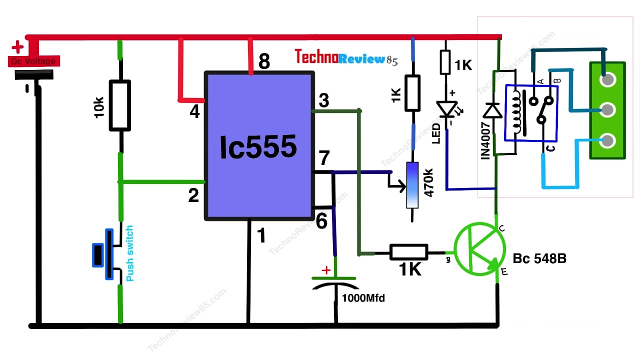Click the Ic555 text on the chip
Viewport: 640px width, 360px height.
tap(258, 147)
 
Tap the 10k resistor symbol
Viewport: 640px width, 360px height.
tap(120, 106)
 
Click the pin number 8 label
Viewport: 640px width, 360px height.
tap(264, 62)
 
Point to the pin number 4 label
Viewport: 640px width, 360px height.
tap(194, 112)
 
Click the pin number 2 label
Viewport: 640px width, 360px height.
tap(193, 196)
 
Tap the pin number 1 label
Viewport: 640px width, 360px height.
tap(261, 235)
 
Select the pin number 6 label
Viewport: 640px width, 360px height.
tap(321, 221)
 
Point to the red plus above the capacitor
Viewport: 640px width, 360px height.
tap(326, 270)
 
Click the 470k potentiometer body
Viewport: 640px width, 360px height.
tap(412, 184)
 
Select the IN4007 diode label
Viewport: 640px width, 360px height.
tap(485, 141)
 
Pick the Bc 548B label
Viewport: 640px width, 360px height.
tap(539, 259)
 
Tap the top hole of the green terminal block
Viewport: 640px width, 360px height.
tap(607, 79)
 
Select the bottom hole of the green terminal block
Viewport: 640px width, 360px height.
tap(607, 141)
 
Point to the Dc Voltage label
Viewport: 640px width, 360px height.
tap(33, 61)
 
